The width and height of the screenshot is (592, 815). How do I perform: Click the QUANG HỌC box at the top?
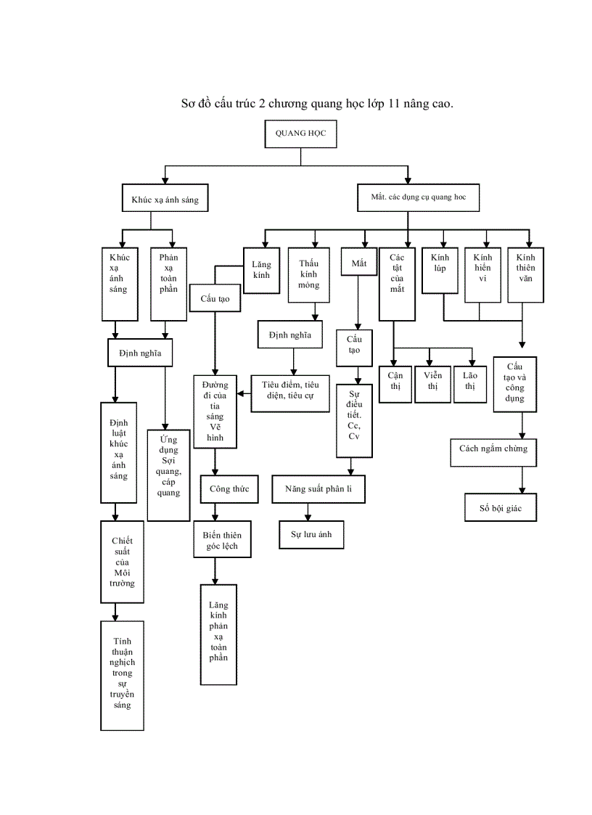(x=300, y=134)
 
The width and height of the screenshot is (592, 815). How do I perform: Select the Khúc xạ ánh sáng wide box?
(x=165, y=199)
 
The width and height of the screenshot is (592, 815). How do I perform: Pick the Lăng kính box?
(x=261, y=270)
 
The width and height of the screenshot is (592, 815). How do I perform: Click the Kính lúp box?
(x=440, y=270)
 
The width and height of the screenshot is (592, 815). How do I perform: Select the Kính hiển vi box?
(x=482, y=274)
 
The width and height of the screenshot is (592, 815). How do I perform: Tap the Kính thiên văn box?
(x=525, y=274)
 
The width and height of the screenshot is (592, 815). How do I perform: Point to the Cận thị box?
(x=395, y=381)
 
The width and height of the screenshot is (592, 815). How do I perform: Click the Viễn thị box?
(x=433, y=381)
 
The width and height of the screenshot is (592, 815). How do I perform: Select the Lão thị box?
(x=470, y=381)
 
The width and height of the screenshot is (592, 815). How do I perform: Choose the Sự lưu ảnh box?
(x=311, y=534)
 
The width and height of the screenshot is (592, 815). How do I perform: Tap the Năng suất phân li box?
(x=318, y=489)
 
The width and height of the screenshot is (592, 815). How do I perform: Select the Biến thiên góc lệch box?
(x=222, y=540)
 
